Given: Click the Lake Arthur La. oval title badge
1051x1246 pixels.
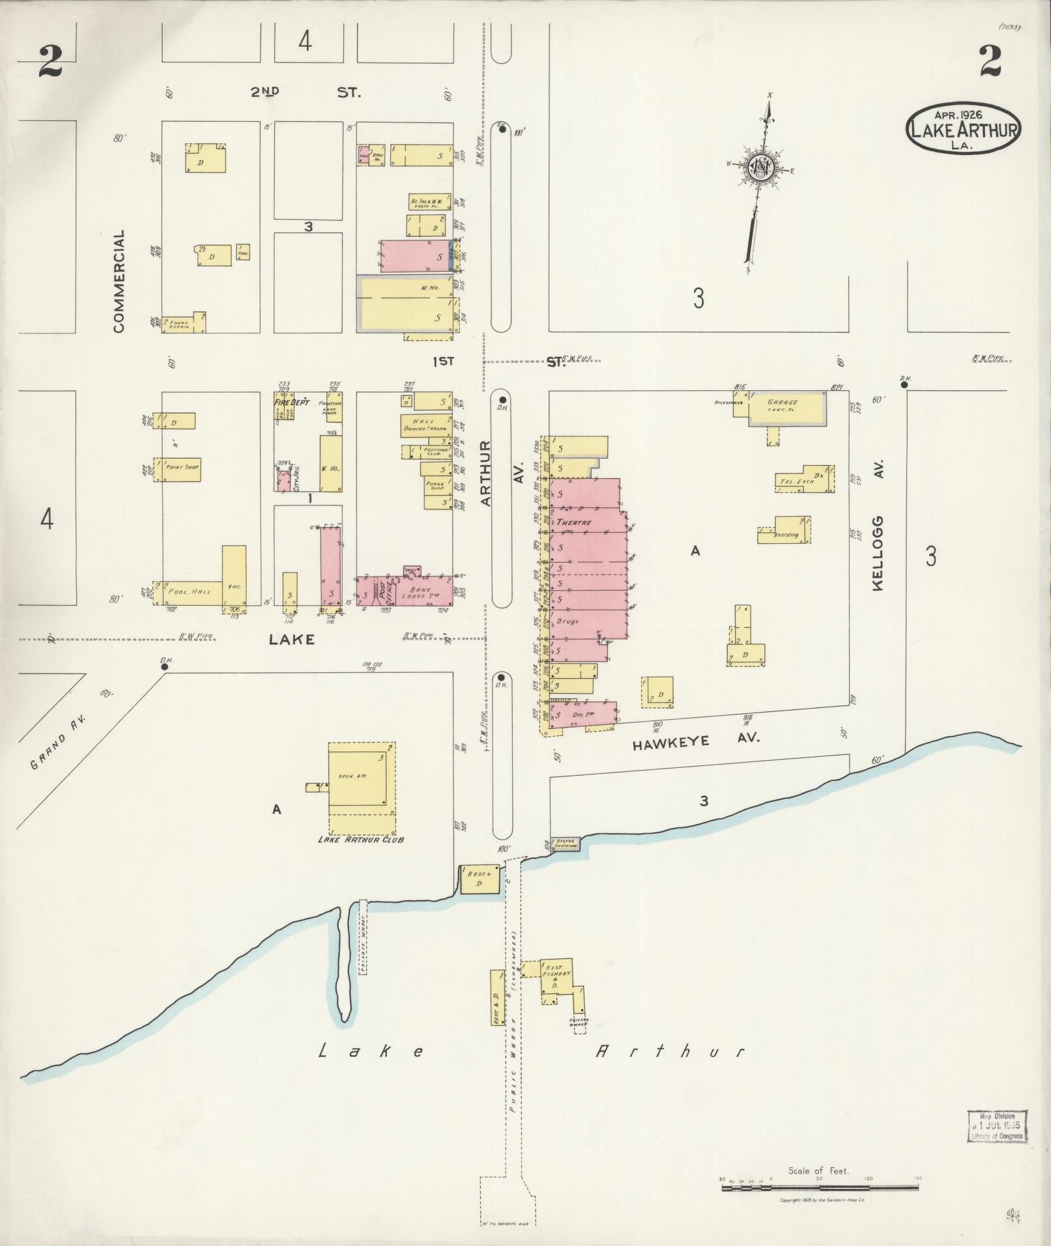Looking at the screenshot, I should point(963,128).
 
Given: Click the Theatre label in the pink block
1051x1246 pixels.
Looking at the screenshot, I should point(573,522).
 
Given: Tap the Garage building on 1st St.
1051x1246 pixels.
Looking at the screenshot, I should point(787,408).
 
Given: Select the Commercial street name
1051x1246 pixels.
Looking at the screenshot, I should point(119,281).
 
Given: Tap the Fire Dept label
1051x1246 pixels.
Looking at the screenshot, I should point(289,403).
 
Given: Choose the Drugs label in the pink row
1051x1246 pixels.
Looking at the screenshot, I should point(568,621).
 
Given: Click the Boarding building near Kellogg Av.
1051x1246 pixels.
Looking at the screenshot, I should point(785,531).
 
